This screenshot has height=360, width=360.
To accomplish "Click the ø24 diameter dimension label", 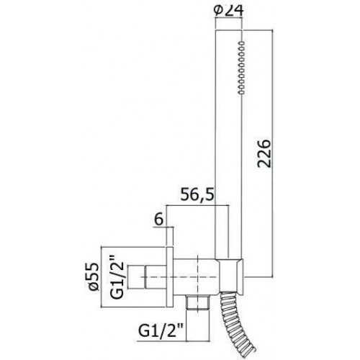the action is tap(229, 12).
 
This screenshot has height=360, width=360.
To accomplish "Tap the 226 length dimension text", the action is tap(264, 153).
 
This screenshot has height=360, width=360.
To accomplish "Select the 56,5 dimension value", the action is tap(197, 194).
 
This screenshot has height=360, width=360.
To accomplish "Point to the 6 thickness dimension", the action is tap(158, 220).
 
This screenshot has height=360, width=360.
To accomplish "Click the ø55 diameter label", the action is tap(94, 276).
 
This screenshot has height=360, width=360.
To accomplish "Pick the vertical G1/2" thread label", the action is tap(117, 279).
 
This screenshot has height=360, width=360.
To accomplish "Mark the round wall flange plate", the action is tap(169, 276).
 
